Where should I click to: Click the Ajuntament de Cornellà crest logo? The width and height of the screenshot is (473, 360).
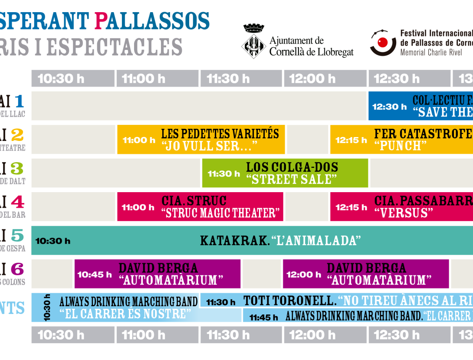[x=254, y=41]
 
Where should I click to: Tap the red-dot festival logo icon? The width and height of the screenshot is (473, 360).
[x=383, y=43]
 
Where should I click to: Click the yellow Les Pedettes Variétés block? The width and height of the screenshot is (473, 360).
[x=201, y=140]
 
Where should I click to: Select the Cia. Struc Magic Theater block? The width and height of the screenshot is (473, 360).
[x=200, y=207]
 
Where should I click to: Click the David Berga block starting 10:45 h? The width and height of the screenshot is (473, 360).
[x=157, y=274]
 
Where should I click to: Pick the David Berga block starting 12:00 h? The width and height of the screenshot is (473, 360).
[x=366, y=274]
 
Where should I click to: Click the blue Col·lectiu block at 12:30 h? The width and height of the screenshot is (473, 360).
[x=420, y=106]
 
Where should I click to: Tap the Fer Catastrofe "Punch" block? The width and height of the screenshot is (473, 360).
[x=401, y=140]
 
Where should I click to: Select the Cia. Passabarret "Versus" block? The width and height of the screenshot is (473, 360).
[x=401, y=207]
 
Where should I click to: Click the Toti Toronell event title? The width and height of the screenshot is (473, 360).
[x=289, y=301]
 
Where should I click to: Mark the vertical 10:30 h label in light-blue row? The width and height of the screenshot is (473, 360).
[x=47, y=308]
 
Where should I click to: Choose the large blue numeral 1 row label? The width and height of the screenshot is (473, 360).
[x=19, y=101]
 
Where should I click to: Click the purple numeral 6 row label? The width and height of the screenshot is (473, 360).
[x=17, y=270]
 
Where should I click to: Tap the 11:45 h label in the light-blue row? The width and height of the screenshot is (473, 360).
[x=263, y=317]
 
